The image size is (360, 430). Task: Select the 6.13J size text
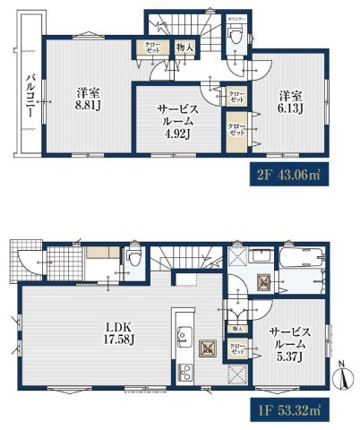[290, 107]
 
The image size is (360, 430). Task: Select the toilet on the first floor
[133, 259]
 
